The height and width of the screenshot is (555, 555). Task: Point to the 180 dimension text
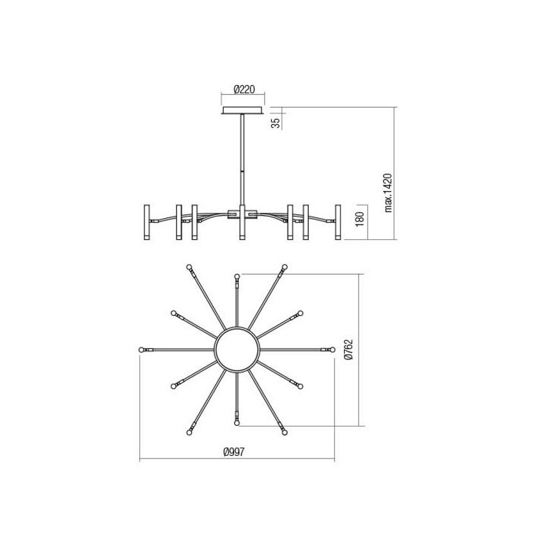[359, 220]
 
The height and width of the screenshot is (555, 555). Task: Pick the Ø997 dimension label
[235, 452]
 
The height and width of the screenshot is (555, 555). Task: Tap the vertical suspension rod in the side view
[242, 160]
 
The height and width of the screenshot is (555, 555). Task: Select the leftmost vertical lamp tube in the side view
[146, 223]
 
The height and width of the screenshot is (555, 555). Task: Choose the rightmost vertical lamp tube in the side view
[338, 223]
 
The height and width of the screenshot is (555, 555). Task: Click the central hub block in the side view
[242, 214]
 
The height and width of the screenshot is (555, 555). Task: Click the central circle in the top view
[237, 349]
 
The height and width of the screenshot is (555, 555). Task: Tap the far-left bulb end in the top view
[142, 350]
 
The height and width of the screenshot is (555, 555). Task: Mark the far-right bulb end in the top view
[332, 349]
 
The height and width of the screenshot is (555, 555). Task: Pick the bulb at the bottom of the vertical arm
[237, 423]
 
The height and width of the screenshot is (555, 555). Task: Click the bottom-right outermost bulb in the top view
[285, 432]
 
